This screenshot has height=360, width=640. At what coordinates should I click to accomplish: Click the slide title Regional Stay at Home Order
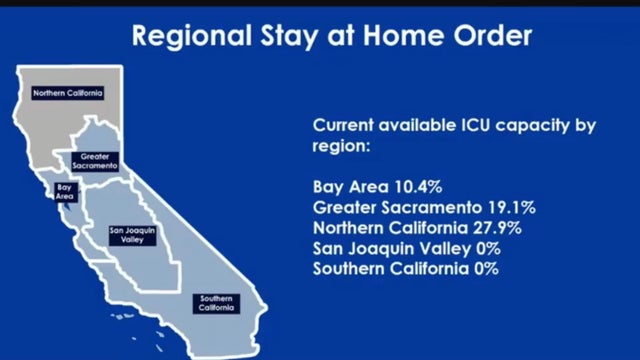pyautogui.click(x=333, y=37)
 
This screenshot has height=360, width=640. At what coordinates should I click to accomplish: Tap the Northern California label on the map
pyautogui.click(x=68, y=93)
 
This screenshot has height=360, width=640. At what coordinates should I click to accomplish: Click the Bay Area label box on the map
pyautogui.click(x=64, y=191)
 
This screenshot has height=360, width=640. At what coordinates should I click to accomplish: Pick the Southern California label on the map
pyautogui.click(x=217, y=303)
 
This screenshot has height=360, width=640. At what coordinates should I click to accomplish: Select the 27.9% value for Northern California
pyautogui.click(x=514, y=228)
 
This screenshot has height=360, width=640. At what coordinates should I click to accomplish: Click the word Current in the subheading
pyautogui.click(x=344, y=126)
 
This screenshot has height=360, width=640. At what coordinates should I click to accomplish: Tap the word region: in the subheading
pyautogui.click(x=342, y=146)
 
